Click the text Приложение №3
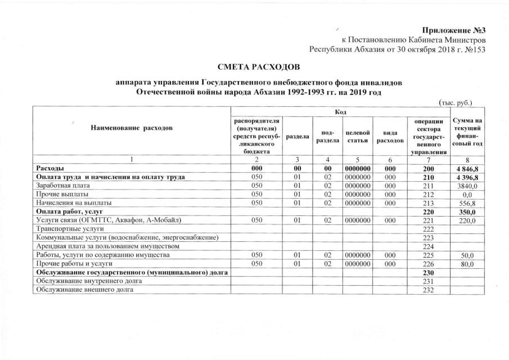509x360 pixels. (x=453, y=29)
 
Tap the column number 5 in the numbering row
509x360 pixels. (x=358, y=159)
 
